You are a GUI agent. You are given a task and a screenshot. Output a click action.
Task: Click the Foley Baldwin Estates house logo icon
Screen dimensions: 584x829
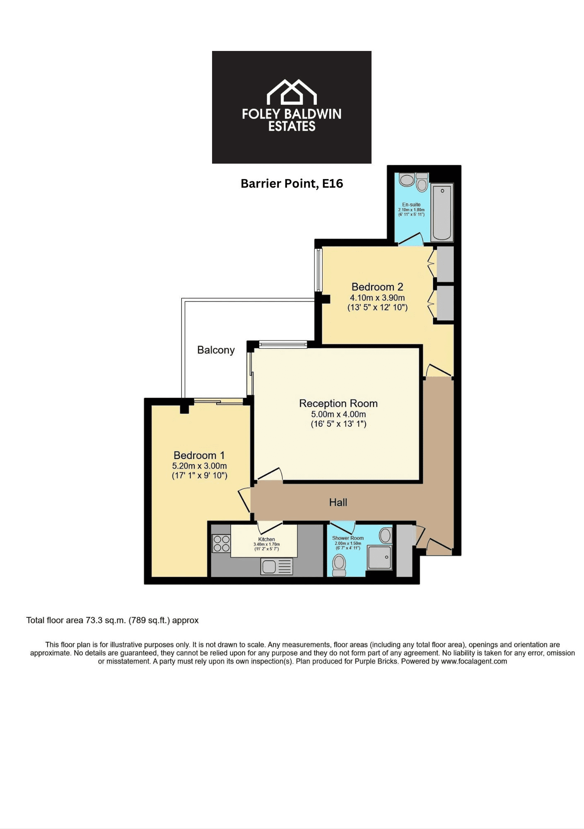point(292,92)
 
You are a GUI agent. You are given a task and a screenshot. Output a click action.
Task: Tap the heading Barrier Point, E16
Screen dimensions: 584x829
point(292,184)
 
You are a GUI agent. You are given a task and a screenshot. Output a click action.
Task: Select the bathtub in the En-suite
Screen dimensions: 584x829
point(442,212)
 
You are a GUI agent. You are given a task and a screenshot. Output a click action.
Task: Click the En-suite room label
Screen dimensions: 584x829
point(411,205)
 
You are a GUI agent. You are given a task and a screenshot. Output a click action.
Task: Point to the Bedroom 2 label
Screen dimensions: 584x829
point(377,287)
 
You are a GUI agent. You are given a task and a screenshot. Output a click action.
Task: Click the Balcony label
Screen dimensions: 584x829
point(216,350)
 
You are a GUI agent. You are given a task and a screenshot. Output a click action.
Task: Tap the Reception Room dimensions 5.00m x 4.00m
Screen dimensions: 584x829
point(338,414)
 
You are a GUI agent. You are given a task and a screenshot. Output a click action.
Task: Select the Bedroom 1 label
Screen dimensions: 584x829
point(199,455)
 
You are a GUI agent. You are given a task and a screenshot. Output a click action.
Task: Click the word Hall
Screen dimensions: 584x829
point(338,503)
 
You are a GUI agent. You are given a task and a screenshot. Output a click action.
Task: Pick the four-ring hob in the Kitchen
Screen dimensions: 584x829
point(221,544)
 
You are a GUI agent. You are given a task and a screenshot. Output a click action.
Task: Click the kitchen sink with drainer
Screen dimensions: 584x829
point(277,566)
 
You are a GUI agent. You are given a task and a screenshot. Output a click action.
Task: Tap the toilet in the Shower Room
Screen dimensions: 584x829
point(340,565)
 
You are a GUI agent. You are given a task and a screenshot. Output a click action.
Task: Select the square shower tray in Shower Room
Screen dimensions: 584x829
point(380,557)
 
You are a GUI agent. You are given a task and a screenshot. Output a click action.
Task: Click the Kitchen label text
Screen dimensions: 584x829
point(267,539)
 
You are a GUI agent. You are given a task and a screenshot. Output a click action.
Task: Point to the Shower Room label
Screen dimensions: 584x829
point(348,538)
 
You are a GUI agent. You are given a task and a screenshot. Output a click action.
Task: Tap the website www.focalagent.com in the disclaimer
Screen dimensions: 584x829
point(474,661)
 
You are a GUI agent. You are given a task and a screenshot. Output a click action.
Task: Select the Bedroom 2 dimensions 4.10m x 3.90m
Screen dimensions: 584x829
point(377,297)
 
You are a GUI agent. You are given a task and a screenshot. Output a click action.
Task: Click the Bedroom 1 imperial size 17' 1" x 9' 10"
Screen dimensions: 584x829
point(200,476)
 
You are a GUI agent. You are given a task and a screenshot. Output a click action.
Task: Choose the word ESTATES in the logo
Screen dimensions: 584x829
point(292,126)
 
